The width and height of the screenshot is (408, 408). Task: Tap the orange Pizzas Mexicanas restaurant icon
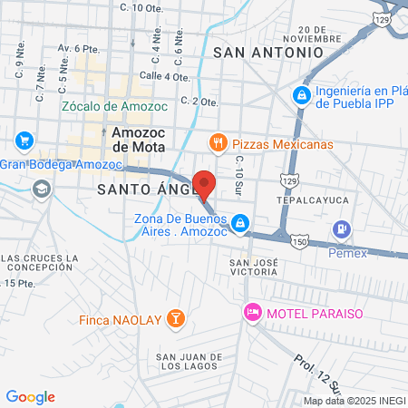(x=218, y=143)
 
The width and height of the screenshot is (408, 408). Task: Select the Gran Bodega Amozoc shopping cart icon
(x=24, y=141)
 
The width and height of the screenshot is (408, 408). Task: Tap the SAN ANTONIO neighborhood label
(x=267, y=53)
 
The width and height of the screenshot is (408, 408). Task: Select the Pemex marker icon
(x=342, y=230)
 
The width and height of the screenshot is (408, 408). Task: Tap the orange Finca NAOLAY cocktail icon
(x=178, y=319)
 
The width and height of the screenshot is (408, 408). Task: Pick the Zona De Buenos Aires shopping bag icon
(x=239, y=222)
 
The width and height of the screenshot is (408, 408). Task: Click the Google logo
(x=31, y=397)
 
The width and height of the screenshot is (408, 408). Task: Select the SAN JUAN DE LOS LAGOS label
(x=188, y=363)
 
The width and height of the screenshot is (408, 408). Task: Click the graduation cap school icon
(x=40, y=189)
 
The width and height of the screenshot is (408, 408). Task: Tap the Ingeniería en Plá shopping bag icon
(x=301, y=93)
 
